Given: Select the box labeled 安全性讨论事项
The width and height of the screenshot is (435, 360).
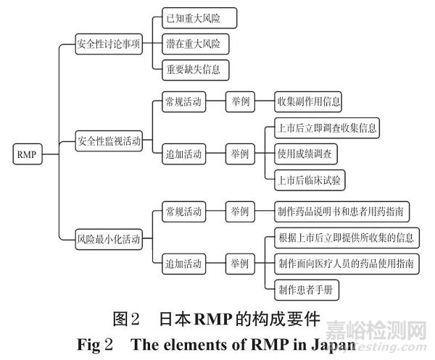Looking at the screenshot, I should click(109, 43).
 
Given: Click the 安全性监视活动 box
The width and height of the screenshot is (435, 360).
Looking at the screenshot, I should click(109, 141).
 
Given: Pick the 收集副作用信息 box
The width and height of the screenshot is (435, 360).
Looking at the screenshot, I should click(308, 101).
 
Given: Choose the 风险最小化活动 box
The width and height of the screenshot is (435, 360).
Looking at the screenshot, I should click(109, 237).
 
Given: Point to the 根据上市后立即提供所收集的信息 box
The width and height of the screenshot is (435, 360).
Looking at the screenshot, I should click(347, 237).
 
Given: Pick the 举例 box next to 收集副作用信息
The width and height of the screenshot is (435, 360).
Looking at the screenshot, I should click(239, 101).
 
